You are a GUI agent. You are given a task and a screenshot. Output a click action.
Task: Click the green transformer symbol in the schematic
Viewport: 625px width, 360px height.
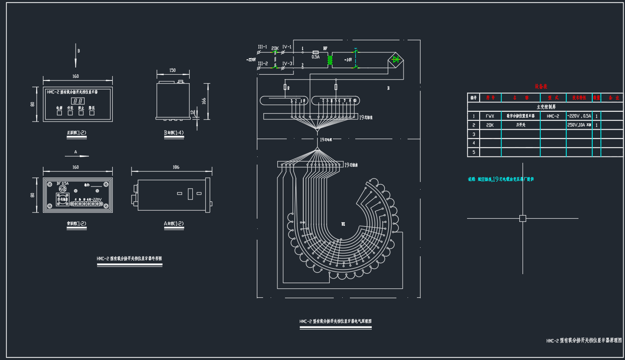point(330,60)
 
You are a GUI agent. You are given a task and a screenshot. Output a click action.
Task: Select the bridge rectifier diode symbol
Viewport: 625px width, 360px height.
point(395,59)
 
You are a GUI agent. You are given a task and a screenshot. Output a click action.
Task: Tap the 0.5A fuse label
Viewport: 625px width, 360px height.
point(315,57)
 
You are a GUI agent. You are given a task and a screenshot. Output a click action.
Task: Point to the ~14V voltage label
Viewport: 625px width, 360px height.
point(348,59)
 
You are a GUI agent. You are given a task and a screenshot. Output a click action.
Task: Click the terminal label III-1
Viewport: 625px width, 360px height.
point(262,47)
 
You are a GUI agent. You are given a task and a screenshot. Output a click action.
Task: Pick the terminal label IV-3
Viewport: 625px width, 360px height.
point(287,64)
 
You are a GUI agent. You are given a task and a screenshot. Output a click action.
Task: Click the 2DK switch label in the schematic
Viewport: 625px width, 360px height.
point(275,47)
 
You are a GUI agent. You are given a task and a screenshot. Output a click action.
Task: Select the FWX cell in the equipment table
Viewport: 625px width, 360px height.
point(490,116)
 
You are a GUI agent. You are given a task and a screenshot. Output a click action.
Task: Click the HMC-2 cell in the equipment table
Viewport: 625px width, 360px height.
point(553,116)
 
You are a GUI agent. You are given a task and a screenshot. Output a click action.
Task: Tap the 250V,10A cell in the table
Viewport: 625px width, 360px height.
point(579,125)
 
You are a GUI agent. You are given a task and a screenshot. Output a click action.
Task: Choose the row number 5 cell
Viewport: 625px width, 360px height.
point(473,152)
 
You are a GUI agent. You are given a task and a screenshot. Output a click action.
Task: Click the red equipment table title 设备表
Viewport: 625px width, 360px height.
point(540,86)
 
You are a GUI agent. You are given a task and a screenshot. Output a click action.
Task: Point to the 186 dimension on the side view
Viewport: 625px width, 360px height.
point(175,167)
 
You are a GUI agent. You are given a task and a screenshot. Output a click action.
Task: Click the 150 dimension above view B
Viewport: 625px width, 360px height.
point(172,70)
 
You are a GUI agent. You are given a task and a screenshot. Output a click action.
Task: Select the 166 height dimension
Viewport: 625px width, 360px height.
point(204,101)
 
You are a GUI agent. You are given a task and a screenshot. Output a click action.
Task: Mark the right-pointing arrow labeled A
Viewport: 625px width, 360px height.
point(77,156)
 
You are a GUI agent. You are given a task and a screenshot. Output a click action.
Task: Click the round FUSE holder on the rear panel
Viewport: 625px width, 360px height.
point(62,189)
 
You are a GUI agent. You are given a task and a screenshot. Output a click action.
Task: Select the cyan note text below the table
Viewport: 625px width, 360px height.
point(501,179)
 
